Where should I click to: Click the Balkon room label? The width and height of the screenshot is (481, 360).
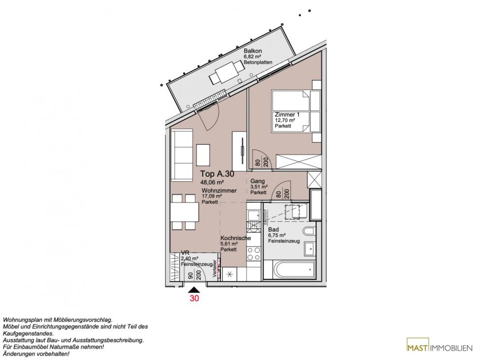coord(253,51)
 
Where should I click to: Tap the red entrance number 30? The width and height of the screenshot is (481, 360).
coord(194,298)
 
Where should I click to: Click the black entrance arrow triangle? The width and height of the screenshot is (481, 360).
coord(194,290)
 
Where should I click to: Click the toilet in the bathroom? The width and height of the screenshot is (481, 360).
coord(309,232)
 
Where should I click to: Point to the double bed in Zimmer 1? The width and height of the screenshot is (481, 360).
coord(292,111)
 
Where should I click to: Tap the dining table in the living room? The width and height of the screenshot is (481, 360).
coord(185,212)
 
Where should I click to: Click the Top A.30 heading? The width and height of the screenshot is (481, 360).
coord(217,174)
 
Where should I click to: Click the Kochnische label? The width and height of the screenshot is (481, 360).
coord(235,238)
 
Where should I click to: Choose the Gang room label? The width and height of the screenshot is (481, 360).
coord(257,181)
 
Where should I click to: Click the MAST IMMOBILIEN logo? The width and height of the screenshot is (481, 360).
coord(439,348)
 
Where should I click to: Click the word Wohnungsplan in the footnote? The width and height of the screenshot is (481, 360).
coord(20,320)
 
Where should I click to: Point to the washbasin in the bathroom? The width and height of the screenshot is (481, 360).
coord(309,249)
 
